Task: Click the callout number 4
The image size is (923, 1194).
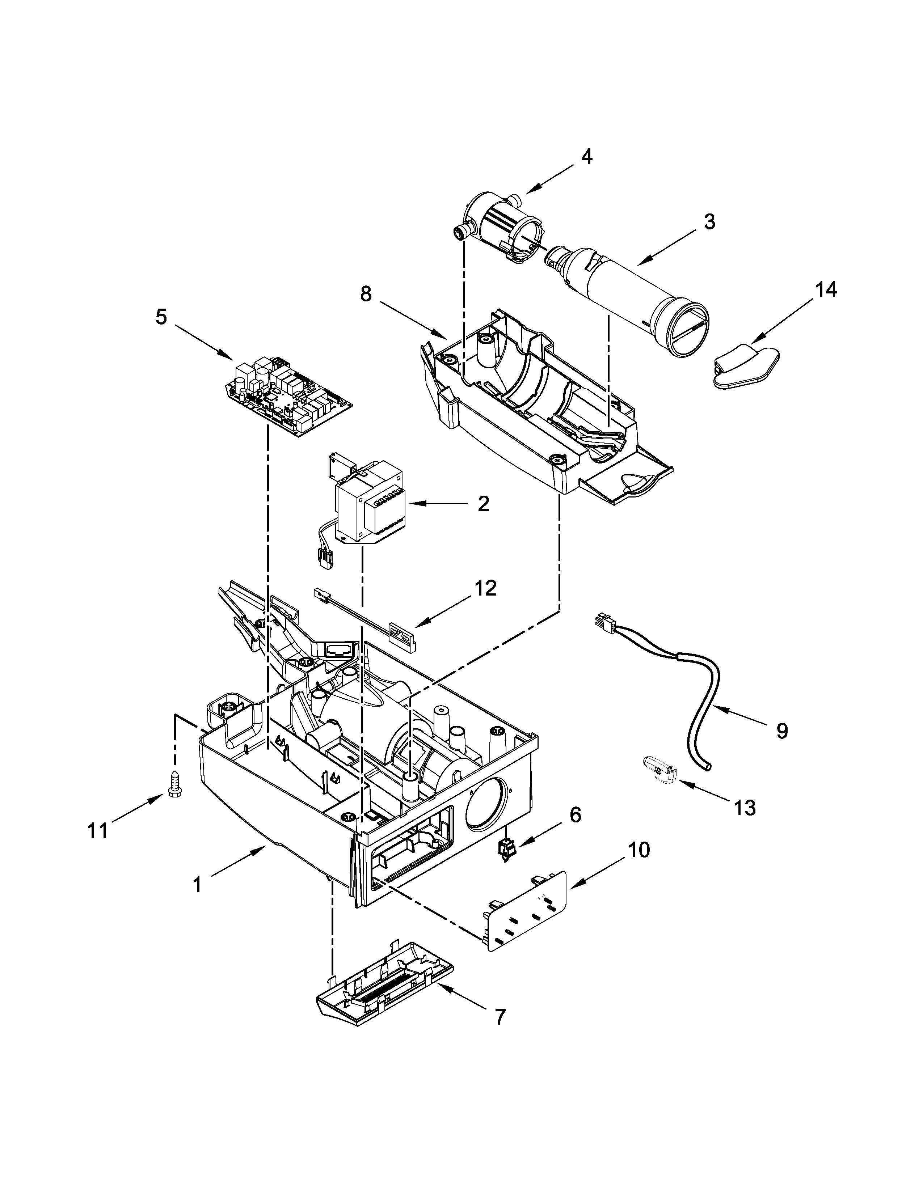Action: (586, 157)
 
